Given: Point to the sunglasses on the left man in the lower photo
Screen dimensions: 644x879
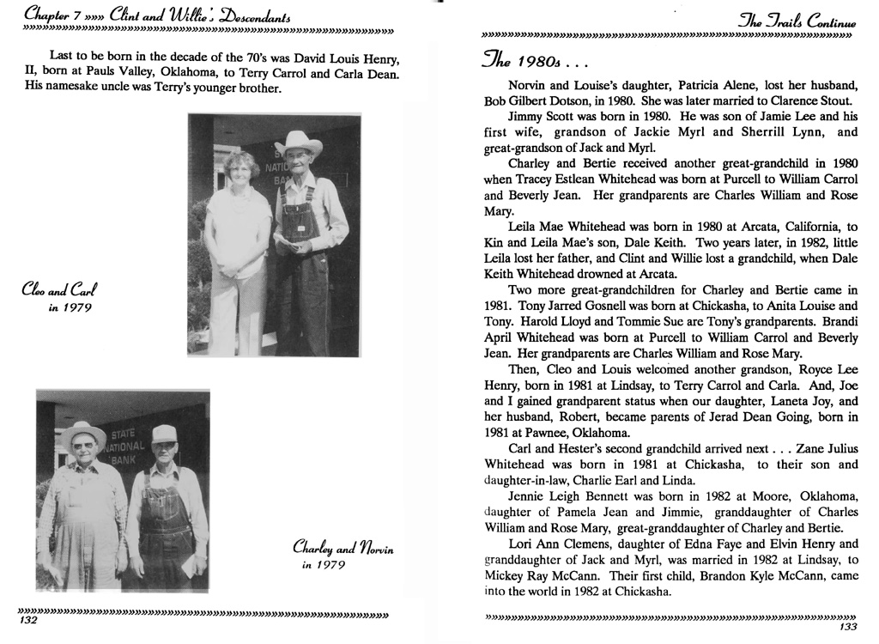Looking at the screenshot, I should point(83,446).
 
